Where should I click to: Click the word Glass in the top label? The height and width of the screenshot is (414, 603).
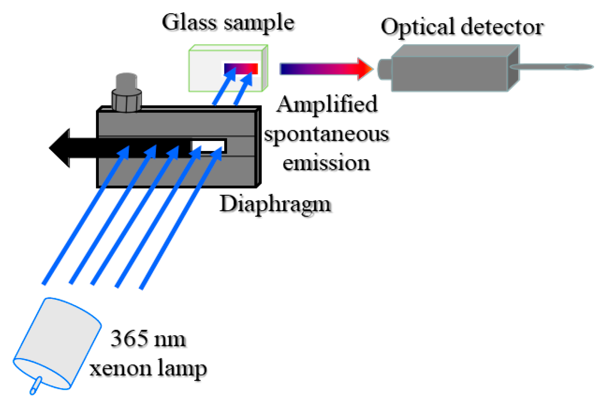(189, 22)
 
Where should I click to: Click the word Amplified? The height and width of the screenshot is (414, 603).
(327, 104)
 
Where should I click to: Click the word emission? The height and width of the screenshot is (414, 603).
(326, 163)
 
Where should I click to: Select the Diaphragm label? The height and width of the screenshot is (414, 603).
(275, 205)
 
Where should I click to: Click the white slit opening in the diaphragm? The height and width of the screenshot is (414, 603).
(208, 146)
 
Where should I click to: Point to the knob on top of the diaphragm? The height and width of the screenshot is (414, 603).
(127, 94)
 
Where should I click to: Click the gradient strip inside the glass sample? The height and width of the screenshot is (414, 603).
(241, 69)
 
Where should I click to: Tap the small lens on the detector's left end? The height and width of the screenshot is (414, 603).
(384, 69)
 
